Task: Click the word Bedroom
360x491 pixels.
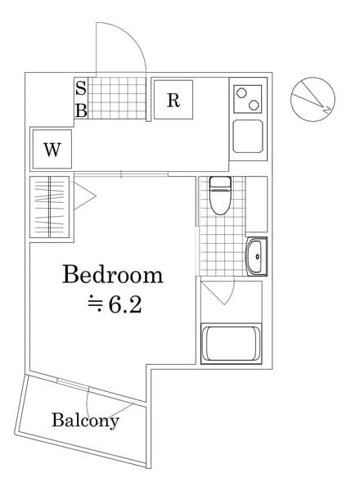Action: click(x=113, y=274)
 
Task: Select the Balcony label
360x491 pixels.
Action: click(x=85, y=421)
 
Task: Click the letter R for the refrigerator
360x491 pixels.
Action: click(x=173, y=101)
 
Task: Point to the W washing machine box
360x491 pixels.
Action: click(x=52, y=150)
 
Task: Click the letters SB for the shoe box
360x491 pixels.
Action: click(x=81, y=100)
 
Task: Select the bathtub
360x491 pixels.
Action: click(x=232, y=344)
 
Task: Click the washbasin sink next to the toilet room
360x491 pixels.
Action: click(x=256, y=258)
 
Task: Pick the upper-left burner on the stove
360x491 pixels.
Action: click(x=241, y=92)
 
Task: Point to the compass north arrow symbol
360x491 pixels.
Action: click(x=312, y=98)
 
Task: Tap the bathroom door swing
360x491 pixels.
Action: click(x=219, y=291)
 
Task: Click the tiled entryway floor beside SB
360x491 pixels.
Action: click(x=118, y=99)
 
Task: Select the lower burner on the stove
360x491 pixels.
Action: click(x=251, y=105)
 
